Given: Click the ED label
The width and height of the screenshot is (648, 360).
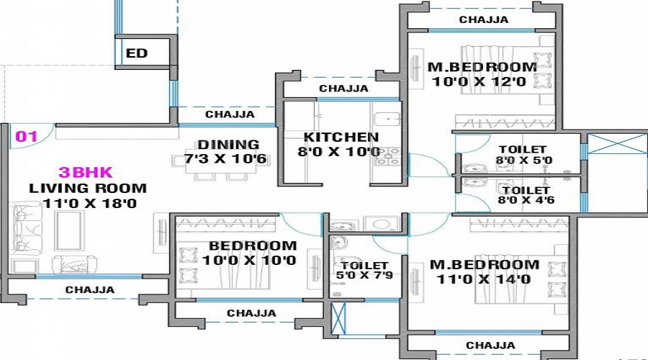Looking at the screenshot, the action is [136, 53].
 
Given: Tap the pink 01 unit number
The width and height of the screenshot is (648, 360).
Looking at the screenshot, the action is [27, 136].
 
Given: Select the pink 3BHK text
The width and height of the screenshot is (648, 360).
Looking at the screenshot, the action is [86, 172].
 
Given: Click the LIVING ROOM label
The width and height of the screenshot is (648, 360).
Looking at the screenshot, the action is [88, 188].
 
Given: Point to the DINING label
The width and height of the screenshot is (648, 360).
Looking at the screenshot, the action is [228, 145].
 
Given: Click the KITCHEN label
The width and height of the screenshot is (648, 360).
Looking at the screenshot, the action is [341, 138].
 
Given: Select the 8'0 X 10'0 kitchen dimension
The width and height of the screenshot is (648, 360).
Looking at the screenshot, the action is [338, 152].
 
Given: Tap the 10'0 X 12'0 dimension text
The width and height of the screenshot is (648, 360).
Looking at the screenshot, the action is [480, 81].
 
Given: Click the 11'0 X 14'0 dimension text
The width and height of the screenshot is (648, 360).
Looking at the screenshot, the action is [484, 279].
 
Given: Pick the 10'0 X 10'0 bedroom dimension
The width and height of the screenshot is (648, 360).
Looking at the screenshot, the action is [249, 260].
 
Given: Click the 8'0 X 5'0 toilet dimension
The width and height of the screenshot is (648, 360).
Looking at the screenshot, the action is [524, 160].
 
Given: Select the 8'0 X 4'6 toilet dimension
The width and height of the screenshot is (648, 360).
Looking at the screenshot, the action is [526, 200].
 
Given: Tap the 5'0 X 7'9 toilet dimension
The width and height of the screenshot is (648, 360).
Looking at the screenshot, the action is [364, 275].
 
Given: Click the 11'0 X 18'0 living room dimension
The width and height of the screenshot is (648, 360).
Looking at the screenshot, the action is [90, 203].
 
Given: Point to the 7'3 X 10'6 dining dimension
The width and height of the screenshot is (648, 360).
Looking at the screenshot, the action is [225, 159].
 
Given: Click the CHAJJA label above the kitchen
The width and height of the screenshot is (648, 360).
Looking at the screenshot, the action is [343, 89].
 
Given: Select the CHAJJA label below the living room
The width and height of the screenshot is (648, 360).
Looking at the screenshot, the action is [90, 289].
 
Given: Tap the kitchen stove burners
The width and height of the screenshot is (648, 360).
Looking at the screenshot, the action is [387, 156].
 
